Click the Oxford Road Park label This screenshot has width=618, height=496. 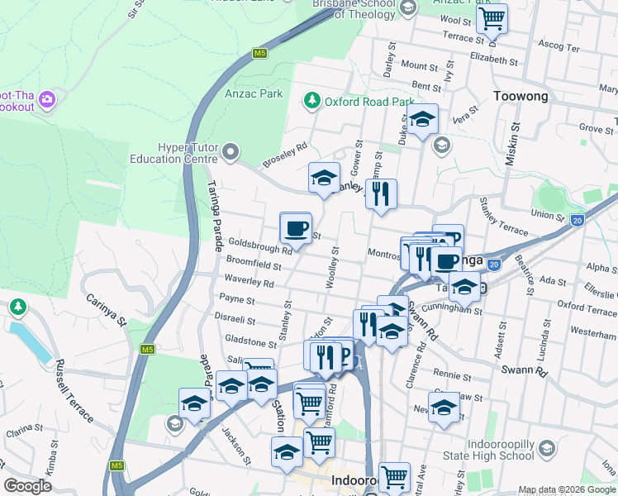point(368,102)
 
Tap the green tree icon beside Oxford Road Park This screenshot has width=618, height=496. point(311,101)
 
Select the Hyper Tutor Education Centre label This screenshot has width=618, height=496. point(176,150)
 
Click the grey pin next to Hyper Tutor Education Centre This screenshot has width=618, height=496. point(231,151)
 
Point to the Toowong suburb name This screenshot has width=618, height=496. point(521,97)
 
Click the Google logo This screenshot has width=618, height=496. point(28,485)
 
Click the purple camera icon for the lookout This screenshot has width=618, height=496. point(46,100)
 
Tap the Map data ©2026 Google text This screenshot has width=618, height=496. point(567,489)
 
